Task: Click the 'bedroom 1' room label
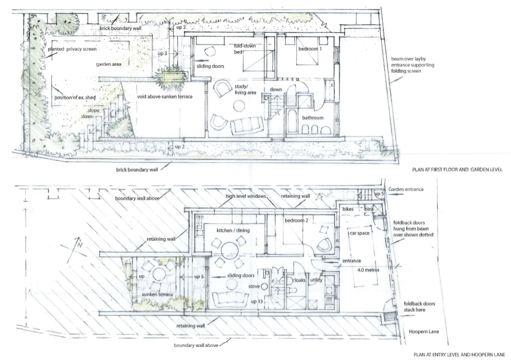click(x=310, y=49)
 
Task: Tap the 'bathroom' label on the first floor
click(x=313, y=118)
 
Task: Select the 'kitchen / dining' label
click(x=233, y=230)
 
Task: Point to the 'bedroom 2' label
click(x=296, y=221)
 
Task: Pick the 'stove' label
click(x=254, y=286)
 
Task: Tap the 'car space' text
click(x=359, y=233)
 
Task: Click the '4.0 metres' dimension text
click(x=368, y=270)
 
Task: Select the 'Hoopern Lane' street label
click(x=424, y=332)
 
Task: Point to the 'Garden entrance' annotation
click(x=406, y=189)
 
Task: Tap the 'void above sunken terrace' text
click(x=165, y=97)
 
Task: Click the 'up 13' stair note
click(x=257, y=301)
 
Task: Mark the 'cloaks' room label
click(x=299, y=280)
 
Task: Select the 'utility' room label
click(x=316, y=280)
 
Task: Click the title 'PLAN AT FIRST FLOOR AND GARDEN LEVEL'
click(x=457, y=169)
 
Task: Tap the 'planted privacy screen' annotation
click(x=72, y=49)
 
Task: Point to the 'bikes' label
click(x=348, y=209)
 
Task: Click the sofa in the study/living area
click(x=247, y=126)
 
